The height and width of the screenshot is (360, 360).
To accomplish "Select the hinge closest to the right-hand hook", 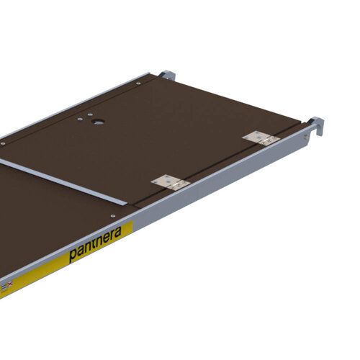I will tap(258, 138).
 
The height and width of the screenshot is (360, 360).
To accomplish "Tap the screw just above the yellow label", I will tap(112, 214).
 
